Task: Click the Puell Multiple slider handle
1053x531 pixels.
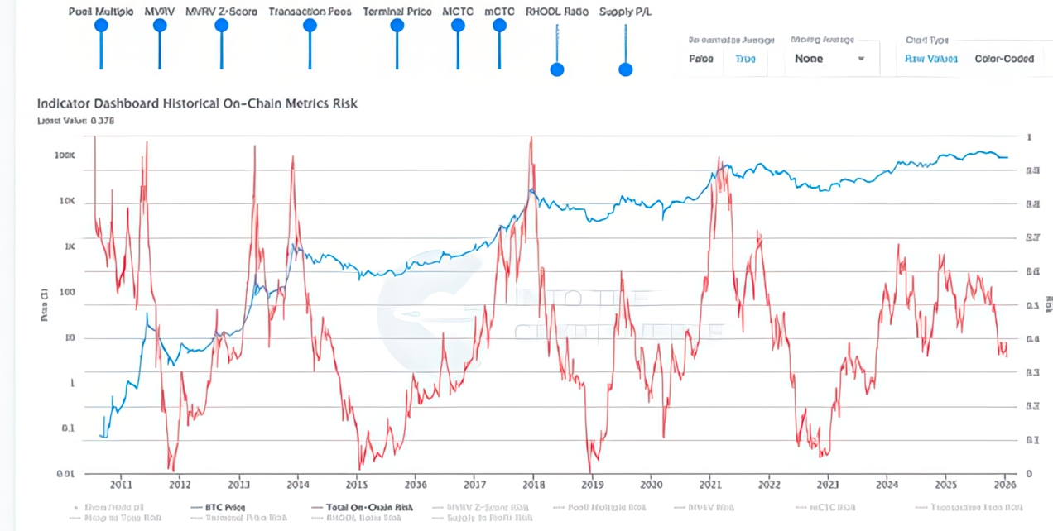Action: [x=101, y=26]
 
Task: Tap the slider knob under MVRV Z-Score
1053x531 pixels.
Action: [x=221, y=26]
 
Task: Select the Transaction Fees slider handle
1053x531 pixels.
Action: [x=310, y=26]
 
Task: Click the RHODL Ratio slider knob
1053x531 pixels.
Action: [x=557, y=69]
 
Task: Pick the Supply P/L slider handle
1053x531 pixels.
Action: [x=626, y=69]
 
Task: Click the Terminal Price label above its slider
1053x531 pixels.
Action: [x=397, y=12]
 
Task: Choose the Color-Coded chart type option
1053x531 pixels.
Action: [x=1003, y=59]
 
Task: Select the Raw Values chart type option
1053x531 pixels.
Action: [x=931, y=59]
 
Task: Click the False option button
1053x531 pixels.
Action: [x=701, y=59]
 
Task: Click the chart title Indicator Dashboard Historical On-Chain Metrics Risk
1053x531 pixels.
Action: [x=197, y=103]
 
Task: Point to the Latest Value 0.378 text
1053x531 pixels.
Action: [x=75, y=121]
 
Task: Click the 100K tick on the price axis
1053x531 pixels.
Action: [x=65, y=155]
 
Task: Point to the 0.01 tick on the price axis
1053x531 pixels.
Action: [x=65, y=473]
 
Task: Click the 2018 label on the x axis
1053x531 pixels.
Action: [x=534, y=485]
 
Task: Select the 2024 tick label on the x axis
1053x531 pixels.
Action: [x=887, y=485]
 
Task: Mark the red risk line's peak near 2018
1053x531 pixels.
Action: [x=531, y=138]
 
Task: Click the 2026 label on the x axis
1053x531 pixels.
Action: [x=1005, y=485]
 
